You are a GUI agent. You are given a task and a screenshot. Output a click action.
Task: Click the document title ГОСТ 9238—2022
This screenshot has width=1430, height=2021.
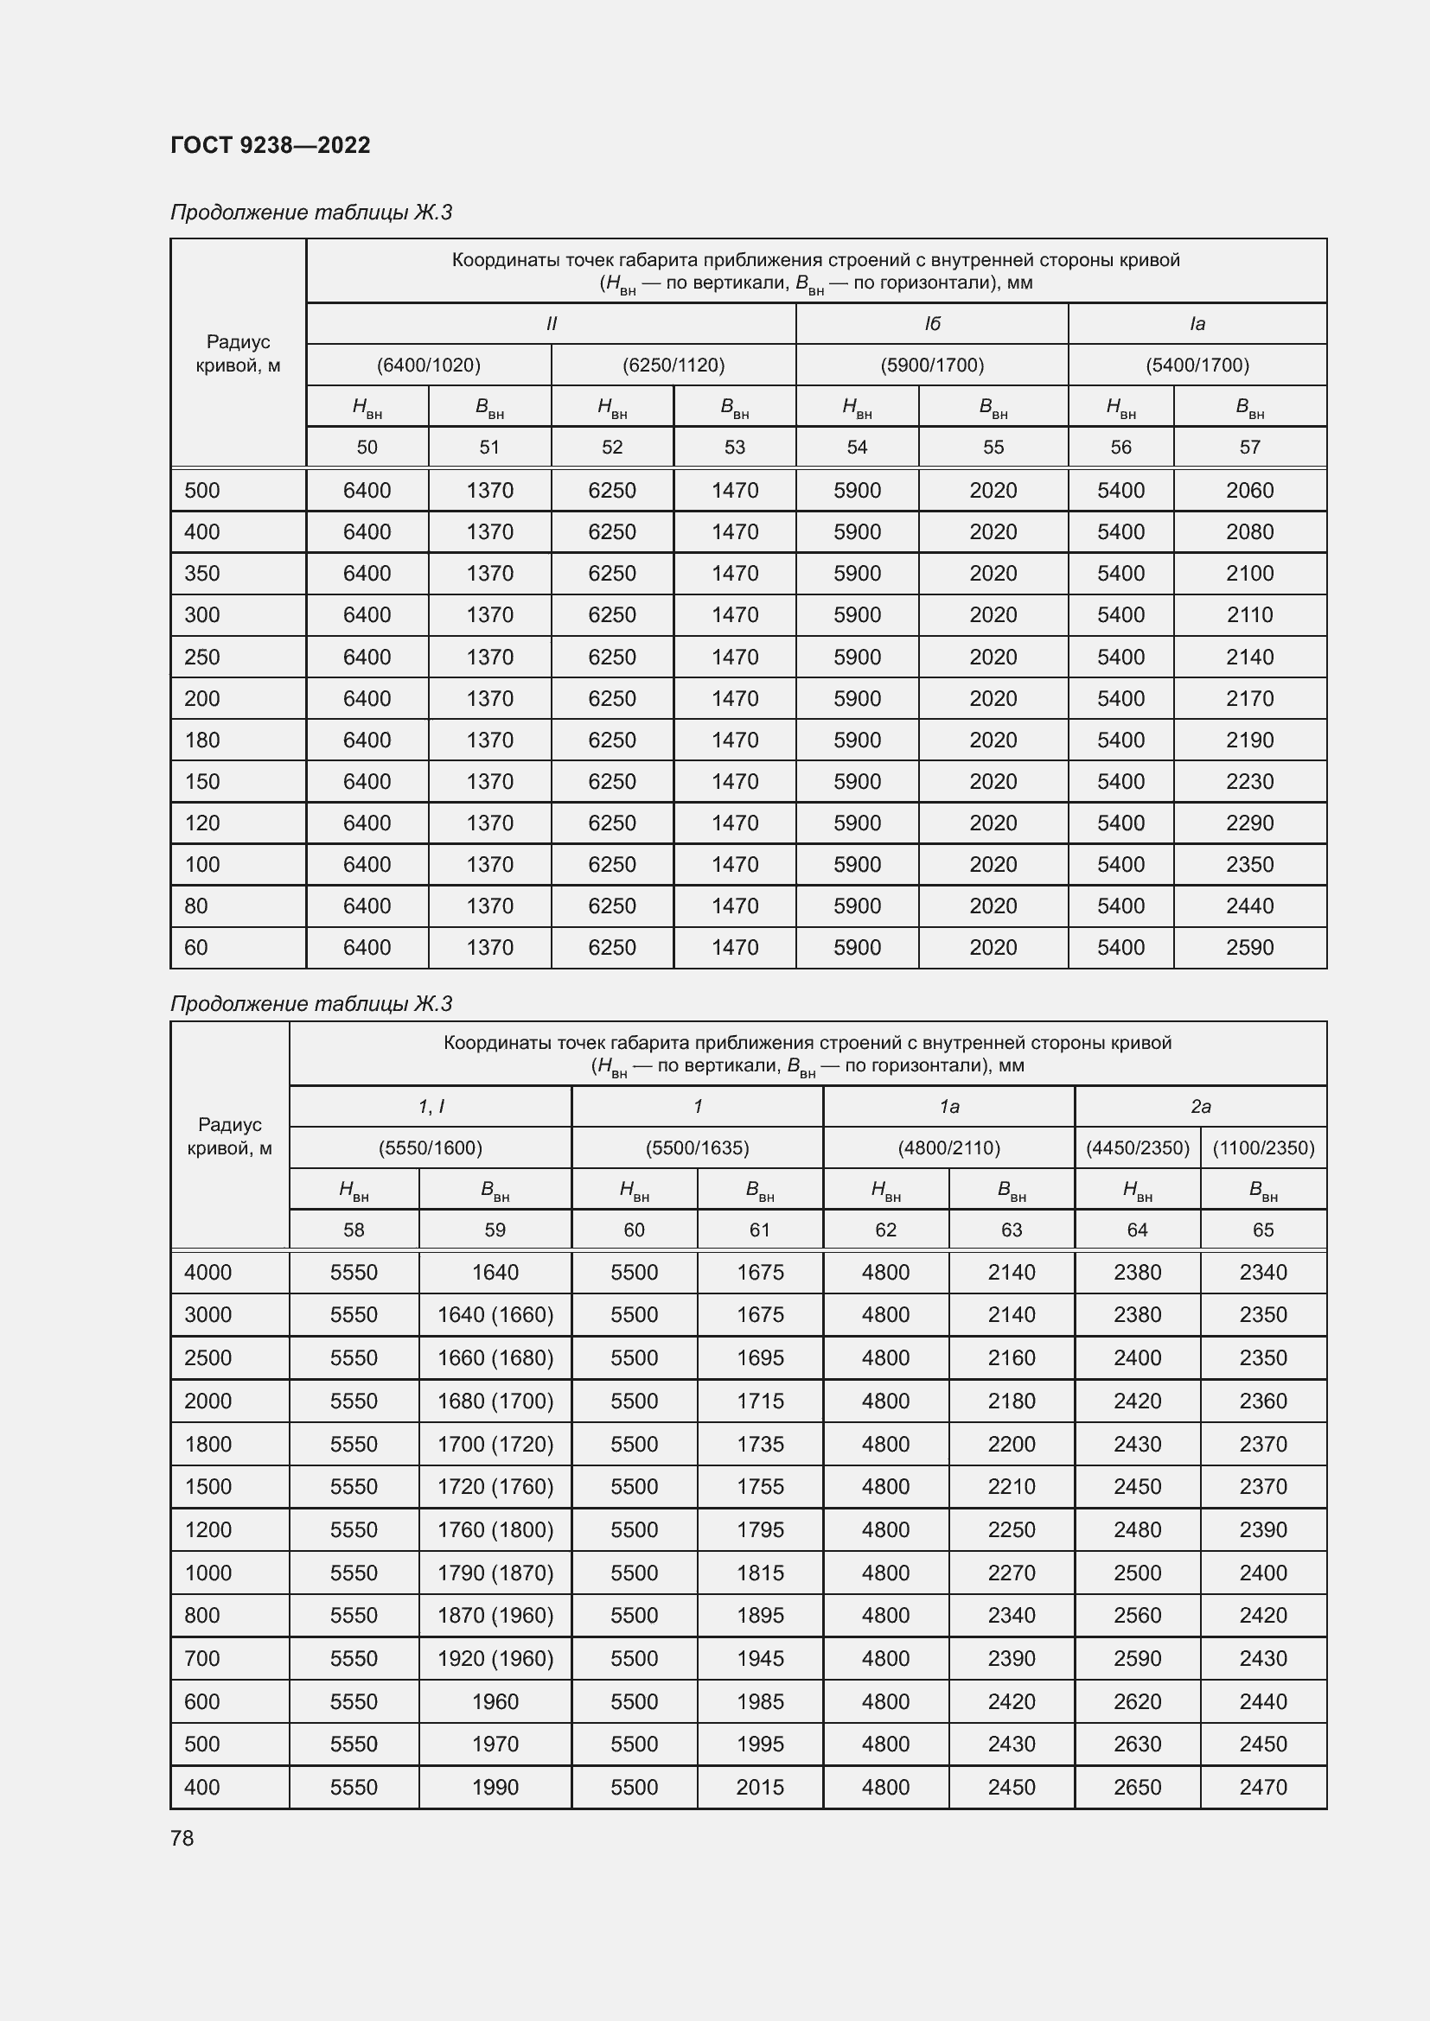coord(271,145)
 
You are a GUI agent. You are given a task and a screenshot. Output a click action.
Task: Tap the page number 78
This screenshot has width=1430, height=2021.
coord(182,1838)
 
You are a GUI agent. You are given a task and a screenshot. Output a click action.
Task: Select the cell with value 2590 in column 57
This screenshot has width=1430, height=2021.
coord(1249,947)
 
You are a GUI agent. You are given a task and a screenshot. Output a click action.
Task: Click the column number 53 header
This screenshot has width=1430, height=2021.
coord(734,448)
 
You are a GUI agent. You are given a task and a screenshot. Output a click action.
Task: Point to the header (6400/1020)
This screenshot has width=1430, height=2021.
coord(429,365)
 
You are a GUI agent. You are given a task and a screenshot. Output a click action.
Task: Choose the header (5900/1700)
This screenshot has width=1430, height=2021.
coord(932,365)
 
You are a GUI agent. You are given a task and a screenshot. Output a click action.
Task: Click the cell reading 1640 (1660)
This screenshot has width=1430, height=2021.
coord(495,1314)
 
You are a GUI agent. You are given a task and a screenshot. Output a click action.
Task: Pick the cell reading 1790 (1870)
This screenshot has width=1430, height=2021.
coord(495,1573)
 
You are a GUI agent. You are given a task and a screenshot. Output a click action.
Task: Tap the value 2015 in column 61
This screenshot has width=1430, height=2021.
coord(760,1787)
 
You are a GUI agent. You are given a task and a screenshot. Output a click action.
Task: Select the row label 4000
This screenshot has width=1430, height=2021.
coord(207,1272)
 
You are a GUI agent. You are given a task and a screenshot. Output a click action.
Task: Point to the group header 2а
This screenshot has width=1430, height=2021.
coord(1200,1107)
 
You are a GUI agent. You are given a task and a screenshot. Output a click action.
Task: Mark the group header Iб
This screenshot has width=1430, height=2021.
coord(932,324)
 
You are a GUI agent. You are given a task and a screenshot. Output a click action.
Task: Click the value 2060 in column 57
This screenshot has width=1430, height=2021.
coord(1249,490)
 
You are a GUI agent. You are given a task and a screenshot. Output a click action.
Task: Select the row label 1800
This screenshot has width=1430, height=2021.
coord(207,1444)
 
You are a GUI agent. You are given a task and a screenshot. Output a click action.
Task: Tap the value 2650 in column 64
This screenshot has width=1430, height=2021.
coord(1137,1787)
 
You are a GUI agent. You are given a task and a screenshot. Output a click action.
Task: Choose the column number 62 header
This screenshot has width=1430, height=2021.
coord(885,1230)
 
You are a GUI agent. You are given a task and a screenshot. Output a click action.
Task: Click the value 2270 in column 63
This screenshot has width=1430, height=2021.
coord(1011,1573)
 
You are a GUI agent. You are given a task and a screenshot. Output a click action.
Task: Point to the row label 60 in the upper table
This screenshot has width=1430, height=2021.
coord(196,947)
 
